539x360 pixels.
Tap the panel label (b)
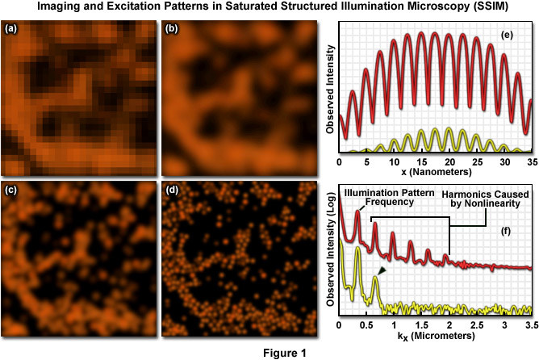pyautogui.click(x=172, y=30)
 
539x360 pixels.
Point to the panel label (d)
pyautogui.click(x=172, y=191)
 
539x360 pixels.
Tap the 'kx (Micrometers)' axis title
pyautogui.click(x=435, y=332)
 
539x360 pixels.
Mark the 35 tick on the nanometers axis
pyautogui.click(x=530, y=161)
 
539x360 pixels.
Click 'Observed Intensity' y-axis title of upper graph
pyautogui.click(x=331, y=88)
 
